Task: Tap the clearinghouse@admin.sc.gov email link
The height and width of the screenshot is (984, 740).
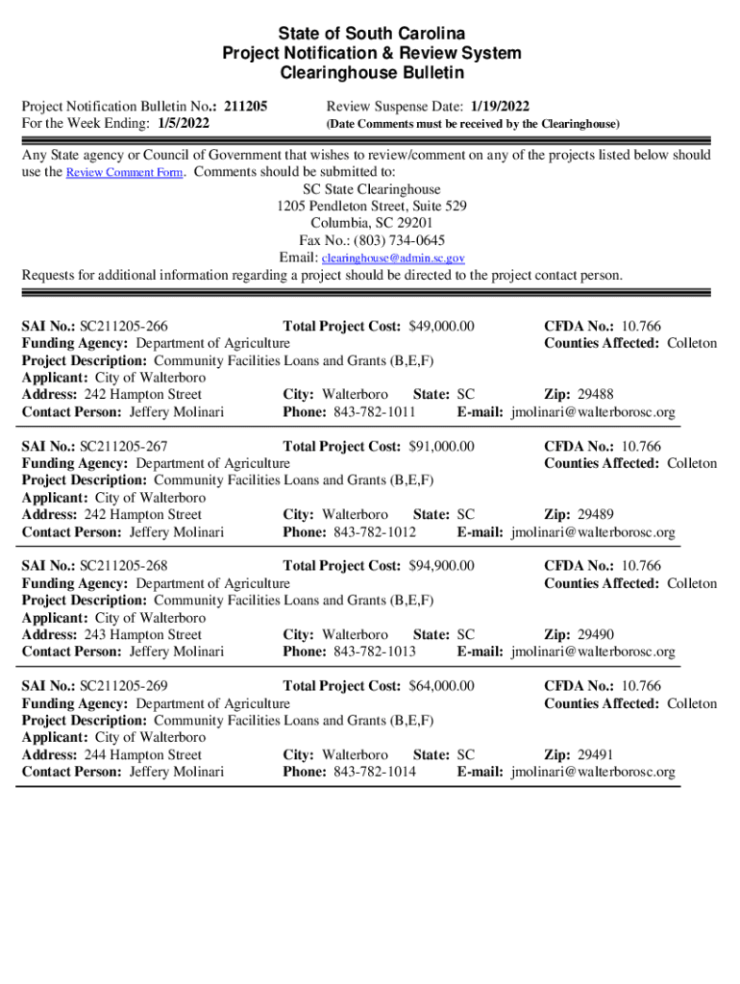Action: pos(393,258)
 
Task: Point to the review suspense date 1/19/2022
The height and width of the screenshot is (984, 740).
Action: pos(500,107)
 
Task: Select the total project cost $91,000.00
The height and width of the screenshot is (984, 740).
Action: pos(442,447)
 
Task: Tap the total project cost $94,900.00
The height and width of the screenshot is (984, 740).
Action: pos(442,567)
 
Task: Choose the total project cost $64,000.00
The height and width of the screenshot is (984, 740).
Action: pos(442,687)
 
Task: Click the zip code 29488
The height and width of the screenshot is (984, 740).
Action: pos(595,395)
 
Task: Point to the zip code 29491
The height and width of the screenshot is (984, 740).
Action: pos(595,755)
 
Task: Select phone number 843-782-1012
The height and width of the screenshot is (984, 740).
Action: pos(375,532)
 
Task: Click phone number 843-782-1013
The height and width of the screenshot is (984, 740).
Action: pos(375,652)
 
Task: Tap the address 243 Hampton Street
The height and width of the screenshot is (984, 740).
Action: pos(143,635)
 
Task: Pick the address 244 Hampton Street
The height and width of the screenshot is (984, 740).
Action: pos(143,755)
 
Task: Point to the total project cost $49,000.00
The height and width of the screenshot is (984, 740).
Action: pos(442,327)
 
